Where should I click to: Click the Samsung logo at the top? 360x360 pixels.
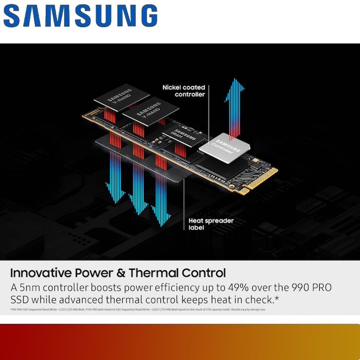[x=80, y=16]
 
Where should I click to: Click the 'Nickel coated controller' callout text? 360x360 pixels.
[x=183, y=91]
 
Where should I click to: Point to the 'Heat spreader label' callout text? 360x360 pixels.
[x=211, y=224]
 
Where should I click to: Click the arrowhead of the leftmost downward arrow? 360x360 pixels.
[x=115, y=196]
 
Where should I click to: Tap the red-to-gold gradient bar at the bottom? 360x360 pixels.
[x=180, y=342]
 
